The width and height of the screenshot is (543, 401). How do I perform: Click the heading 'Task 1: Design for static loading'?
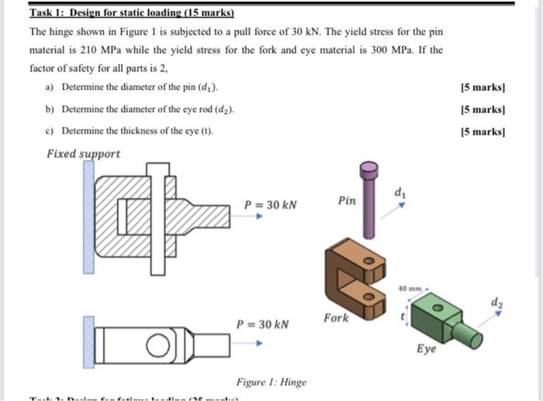pyautogui.click(x=131, y=14)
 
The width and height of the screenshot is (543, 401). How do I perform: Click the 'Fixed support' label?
pyautogui.click(x=84, y=153)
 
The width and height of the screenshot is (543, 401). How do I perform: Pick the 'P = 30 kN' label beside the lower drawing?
pyautogui.click(x=263, y=324)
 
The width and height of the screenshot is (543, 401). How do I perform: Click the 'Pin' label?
pyautogui.click(x=348, y=200)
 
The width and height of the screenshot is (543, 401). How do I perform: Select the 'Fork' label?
pyautogui.click(x=337, y=318)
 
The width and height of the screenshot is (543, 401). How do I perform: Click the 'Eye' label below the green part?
pyautogui.click(x=426, y=349)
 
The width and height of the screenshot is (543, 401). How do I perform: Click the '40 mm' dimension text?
pyautogui.click(x=410, y=288)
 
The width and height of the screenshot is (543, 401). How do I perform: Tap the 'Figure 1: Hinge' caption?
pyautogui.click(x=271, y=382)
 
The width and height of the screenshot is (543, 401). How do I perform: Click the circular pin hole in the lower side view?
pyautogui.click(x=158, y=345)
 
